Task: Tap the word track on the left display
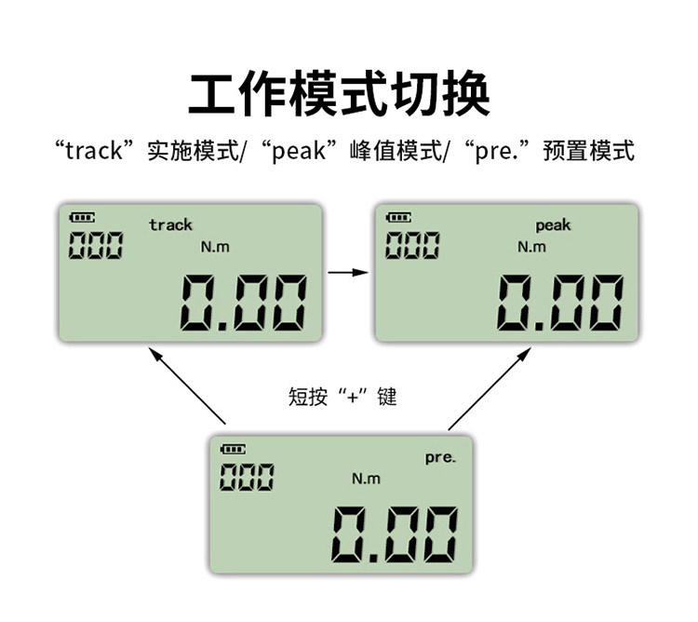click(170, 224)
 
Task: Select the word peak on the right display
click(553, 225)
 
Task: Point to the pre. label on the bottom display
click(440, 457)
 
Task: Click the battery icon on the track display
click(82, 218)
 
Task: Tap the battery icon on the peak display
click(398, 218)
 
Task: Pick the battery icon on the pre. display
click(233, 450)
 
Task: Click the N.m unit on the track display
click(215, 247)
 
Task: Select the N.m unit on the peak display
click(532, 247)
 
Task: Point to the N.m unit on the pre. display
click(366, 479)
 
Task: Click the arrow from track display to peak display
click(348, 272)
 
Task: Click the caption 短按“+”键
click(342, 398)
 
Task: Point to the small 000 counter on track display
click(95, 246)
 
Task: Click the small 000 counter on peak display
click(412, 246)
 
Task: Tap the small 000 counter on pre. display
click(247, 478)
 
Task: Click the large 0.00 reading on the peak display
click(559, 303)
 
